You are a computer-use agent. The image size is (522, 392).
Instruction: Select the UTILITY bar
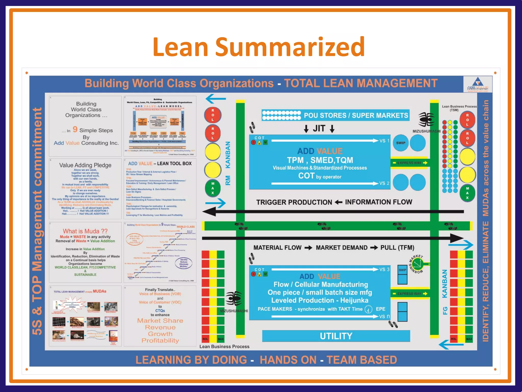[336, 336]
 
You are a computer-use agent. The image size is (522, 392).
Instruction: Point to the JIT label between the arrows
[319, 128]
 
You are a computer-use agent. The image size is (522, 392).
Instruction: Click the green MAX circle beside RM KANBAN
[213, 188]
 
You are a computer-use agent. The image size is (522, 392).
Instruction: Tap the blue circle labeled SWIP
[401, 143]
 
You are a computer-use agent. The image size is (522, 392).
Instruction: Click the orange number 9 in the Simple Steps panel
[75, 129]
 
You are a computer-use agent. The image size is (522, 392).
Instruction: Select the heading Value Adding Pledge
[85, 165]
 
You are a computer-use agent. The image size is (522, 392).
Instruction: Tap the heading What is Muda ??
[85, 231]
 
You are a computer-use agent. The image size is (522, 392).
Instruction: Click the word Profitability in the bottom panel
[160, 340]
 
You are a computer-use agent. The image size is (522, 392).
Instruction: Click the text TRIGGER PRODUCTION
[294, 202]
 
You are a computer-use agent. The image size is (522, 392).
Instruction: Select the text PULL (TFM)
[397, 248]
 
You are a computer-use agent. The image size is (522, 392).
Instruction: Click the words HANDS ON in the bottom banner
[288, 360]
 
